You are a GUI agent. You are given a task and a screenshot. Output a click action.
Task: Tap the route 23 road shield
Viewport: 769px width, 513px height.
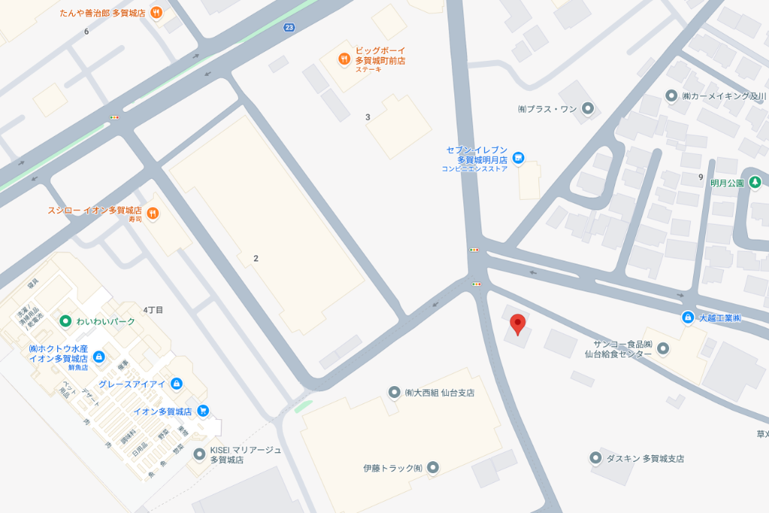tap(289, 28)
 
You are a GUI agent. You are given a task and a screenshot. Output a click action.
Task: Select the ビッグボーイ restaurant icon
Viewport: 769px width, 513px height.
tap(344, 58)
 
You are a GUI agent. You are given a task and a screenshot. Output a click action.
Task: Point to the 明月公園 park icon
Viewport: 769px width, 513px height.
tap(755, 183)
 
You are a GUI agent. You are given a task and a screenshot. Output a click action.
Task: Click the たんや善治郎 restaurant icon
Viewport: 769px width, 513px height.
tap(155, 13)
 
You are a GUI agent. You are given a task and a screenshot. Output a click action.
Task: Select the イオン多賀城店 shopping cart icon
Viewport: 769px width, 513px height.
tap(203, 411)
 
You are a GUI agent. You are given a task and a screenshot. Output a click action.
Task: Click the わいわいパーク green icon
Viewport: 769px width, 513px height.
tap(65, 321)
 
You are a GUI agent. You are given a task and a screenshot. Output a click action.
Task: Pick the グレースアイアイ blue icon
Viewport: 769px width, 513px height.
tap(176, 384)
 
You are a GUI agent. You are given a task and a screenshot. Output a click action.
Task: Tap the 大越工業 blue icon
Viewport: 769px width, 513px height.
tap(687, 318)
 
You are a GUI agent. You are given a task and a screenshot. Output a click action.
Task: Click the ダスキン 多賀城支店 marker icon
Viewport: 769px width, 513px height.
tap(596, 457)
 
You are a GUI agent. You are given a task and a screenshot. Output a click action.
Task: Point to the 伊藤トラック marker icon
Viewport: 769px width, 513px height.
tap(433, 468)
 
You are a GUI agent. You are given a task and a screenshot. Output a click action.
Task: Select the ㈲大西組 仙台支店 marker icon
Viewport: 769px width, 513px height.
tap(394, 392)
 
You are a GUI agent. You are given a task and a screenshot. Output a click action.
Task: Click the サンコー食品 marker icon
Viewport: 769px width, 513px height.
tap(662, 347)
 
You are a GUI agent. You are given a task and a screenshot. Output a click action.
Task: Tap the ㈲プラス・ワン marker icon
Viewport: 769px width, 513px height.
tap(588, 109)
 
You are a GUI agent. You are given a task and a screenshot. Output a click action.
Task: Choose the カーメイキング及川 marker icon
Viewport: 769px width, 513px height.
tap(672, 96)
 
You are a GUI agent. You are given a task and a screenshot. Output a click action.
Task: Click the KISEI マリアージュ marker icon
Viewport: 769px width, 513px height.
tap(199, 454)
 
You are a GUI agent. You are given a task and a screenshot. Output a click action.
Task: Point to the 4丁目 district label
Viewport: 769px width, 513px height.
tap(153, 309)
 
